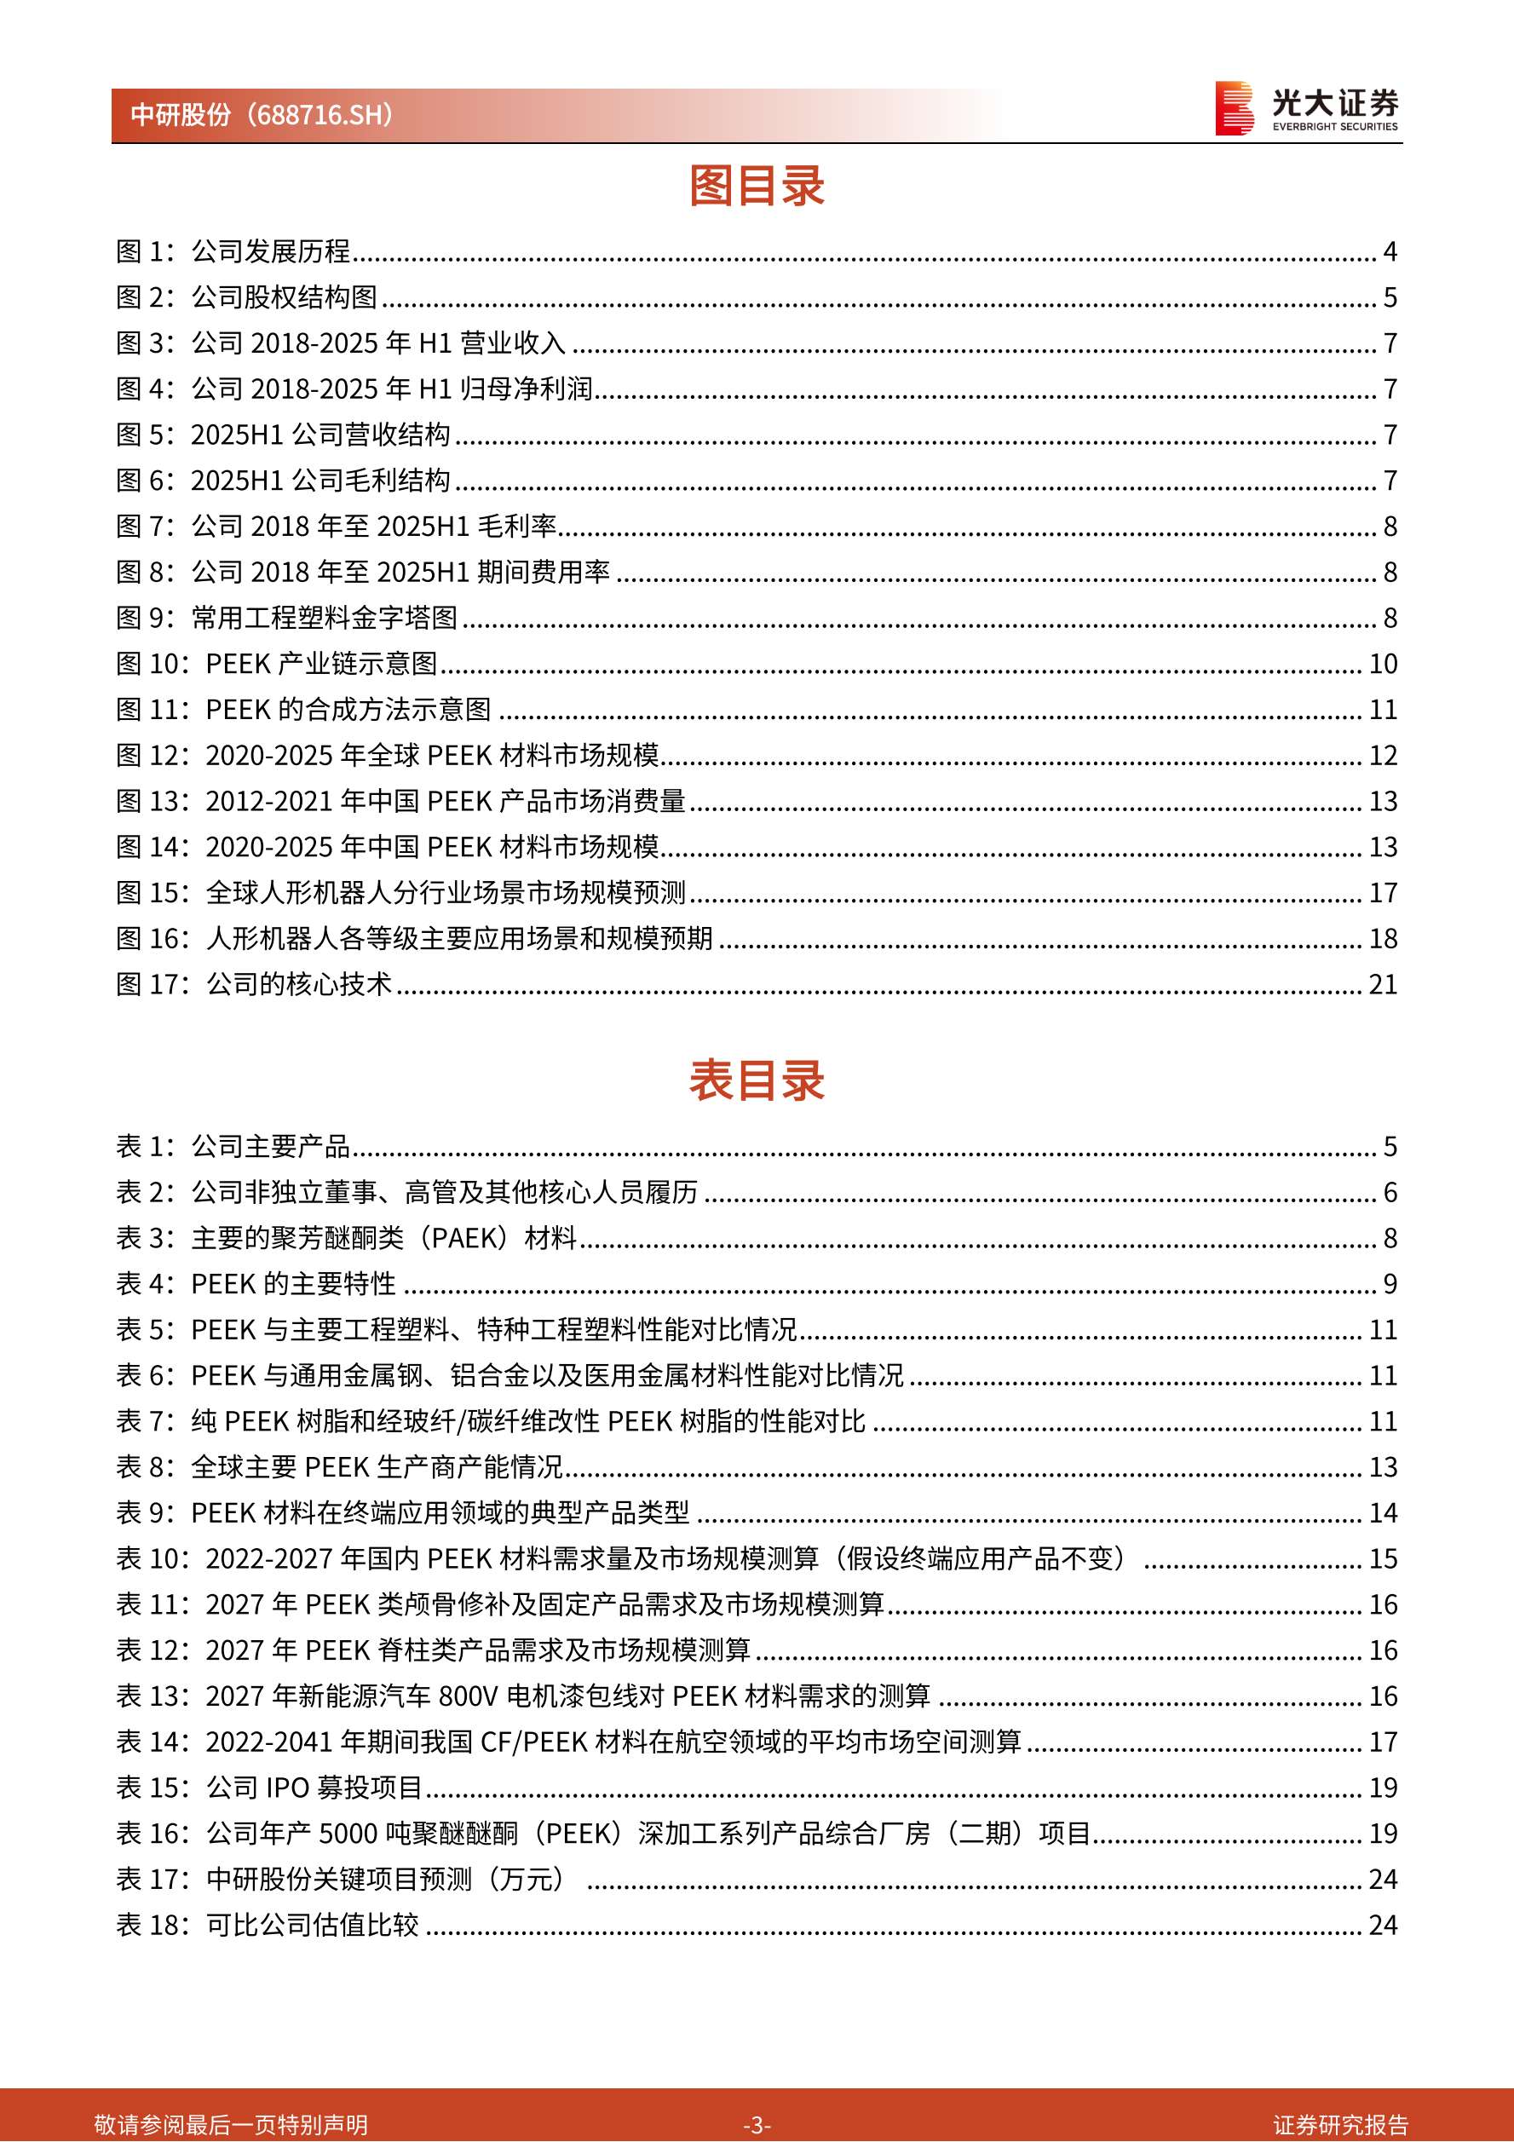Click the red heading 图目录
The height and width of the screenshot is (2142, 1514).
point(757,186)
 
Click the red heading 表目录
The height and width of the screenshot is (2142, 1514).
point(757,1080)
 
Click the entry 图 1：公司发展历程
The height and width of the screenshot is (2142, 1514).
point(233,251)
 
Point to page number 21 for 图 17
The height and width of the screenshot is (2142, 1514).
point(1383,984)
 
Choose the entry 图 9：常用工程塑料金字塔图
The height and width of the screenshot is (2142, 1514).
point(286,618)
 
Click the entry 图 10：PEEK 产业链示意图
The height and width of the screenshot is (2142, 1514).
point(276,664)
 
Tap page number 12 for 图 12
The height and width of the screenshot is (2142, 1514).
point(1383,755)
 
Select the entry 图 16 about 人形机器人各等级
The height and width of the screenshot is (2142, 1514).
point(414,939)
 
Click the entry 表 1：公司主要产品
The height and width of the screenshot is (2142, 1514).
point(233,1146)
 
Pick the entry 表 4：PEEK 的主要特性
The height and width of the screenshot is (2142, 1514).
point(256,1284)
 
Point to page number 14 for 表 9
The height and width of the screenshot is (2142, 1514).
point(1383,1512)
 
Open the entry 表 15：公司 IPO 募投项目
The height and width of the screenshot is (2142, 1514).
point(269,1788)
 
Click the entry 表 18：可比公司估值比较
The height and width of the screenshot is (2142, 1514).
point(268,1925)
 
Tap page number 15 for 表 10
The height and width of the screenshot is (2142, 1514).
point(1383,1558)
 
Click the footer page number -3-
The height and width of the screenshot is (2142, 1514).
point(757,2124)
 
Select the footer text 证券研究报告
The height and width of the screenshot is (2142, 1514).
point(1340,2124)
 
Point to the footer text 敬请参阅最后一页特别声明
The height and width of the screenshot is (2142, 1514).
point(232,2124)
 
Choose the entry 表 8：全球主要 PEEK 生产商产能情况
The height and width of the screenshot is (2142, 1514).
point(341,1466)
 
